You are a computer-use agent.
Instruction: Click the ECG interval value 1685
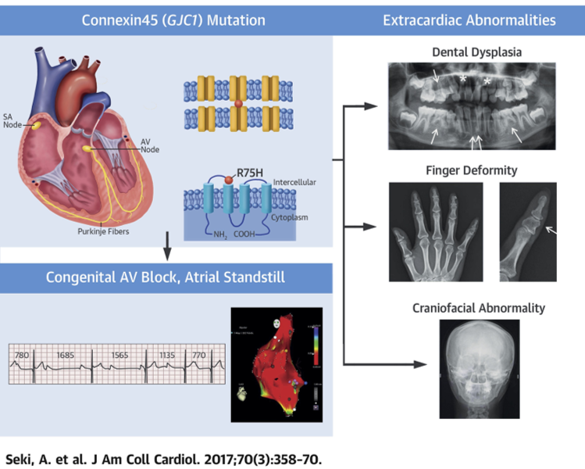[66, 356]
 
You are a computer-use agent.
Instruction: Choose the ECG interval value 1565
[119, 356]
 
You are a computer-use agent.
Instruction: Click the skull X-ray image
[478, 365]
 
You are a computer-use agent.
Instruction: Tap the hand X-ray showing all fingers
[435, 232]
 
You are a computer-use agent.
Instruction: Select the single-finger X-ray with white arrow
[528, 232]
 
